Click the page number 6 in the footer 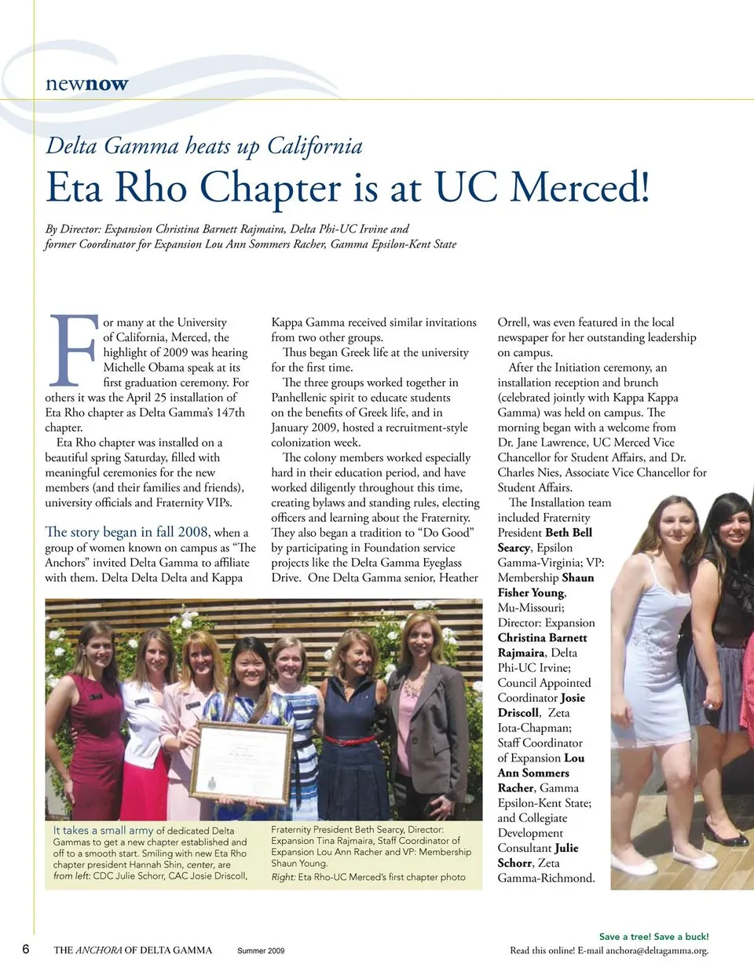26,949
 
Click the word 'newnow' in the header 86,84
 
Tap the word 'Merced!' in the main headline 580,188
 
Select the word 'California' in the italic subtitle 314,146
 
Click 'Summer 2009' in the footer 261,951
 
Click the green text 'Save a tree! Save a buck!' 653,936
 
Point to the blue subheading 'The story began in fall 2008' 126,532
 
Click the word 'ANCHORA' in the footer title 99,950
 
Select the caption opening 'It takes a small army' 103,830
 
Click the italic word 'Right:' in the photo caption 283,877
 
